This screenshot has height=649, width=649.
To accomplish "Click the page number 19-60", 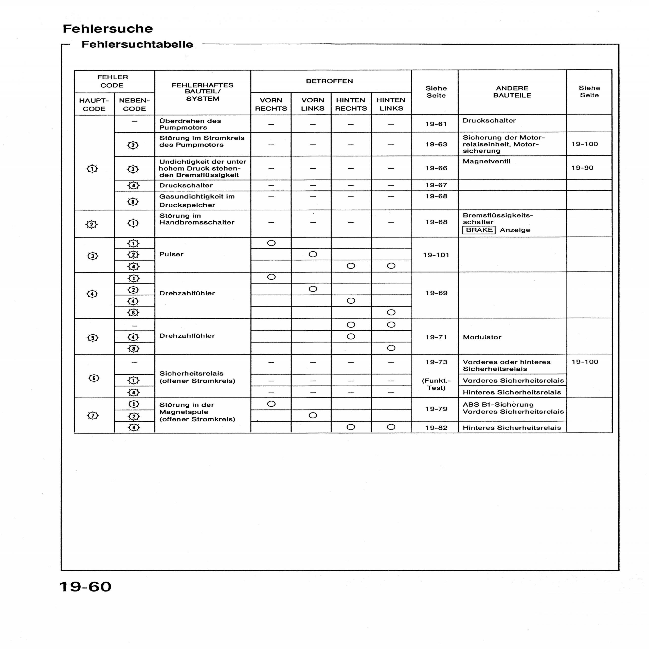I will [85, 587].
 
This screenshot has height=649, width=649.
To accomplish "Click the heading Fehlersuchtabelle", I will [137, 44].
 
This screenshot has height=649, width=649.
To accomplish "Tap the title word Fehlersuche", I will [107, 29].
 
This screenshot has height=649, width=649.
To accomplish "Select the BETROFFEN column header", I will [329, 81].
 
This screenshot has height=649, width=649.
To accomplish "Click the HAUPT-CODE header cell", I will [94, 104].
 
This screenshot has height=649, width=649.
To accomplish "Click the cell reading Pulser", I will [171, 254].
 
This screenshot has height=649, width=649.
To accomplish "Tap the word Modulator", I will [482, 337].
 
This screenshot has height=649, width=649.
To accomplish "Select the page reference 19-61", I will [436, 124].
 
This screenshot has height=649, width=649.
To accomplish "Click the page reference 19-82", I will [436, 428].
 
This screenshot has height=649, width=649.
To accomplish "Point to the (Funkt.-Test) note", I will [436, 384].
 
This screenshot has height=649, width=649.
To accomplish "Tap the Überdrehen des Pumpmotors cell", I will [190, 124].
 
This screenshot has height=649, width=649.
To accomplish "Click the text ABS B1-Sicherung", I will [498, 404].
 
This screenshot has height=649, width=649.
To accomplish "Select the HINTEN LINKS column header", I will [391, 104].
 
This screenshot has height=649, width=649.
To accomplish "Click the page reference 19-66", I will [436, 168].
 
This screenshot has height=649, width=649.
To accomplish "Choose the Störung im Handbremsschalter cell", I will [196, 219].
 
